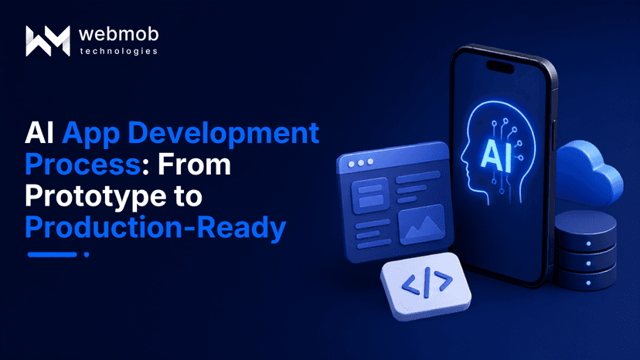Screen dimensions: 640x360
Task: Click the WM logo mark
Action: pos(48,41)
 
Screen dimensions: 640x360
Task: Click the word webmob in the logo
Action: pos(119,34)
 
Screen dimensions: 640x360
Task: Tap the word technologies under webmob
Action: pos(119,51)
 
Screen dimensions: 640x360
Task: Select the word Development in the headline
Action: pos(223,133)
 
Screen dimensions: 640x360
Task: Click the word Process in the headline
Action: pos(83,165)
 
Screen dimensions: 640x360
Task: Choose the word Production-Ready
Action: pos(155,228)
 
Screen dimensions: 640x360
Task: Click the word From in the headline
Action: pos(194,165)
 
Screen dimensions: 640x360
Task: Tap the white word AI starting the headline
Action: pos(39,133)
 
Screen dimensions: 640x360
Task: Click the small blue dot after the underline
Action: pos(87,254)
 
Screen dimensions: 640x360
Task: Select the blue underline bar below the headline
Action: pos(53,254)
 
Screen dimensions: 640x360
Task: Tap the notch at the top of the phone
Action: pos(500,66)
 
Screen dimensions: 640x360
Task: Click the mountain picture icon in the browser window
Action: pos(421,224)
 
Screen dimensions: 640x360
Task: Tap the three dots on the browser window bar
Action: pos(361,163)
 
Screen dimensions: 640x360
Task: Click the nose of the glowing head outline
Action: pos(463,156)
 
